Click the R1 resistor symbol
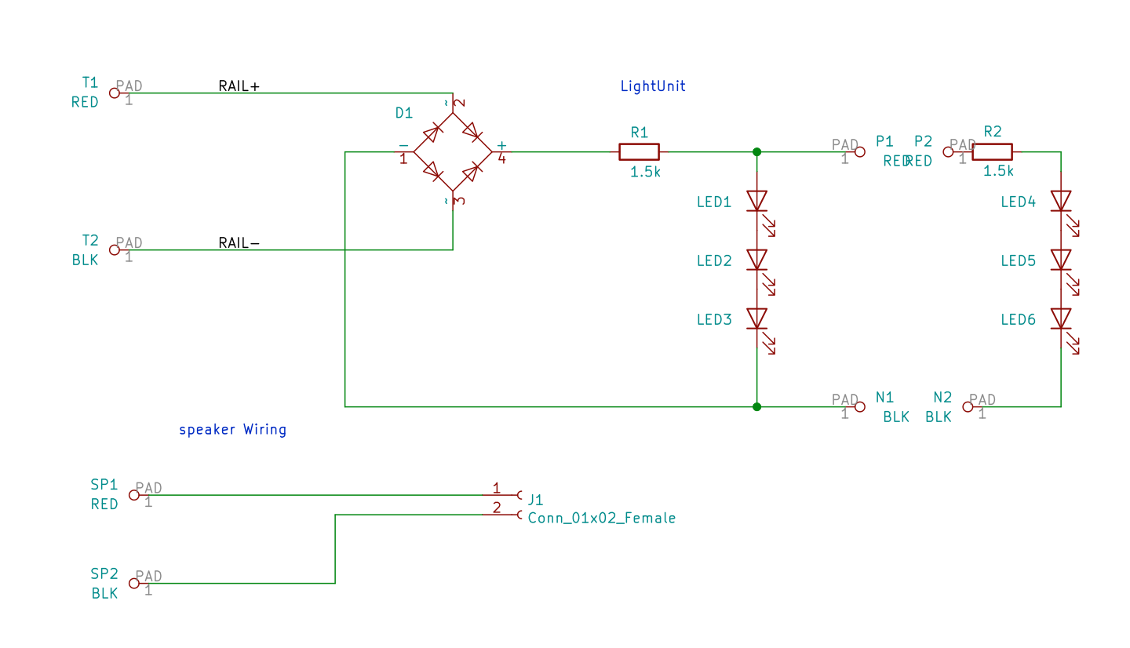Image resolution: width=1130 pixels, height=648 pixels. click(x=639, y=151)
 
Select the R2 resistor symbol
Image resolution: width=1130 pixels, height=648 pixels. click(x=992, y=151)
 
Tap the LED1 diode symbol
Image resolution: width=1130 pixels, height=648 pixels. click(x=756, y=201)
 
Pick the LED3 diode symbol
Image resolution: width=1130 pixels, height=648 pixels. click(x=756, y=319)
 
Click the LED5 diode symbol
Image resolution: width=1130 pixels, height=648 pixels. click(x=1061, y=260)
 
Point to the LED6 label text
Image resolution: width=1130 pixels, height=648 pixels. click(x=1018, y=319)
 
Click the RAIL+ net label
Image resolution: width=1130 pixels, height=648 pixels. click(x=239, y=86)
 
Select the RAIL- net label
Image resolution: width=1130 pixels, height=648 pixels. click(x=239, y=243)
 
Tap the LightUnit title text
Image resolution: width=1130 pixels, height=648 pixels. click(x=653, y=86)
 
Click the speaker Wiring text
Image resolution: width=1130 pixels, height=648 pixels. click(x=232, y=430)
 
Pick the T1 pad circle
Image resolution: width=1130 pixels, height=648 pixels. click(x=115, y=93)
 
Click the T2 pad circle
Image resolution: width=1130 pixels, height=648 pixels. click(x=115, y=250)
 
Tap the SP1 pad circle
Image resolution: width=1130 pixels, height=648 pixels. click(x=134, y=495)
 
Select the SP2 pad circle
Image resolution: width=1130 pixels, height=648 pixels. click(x=134, y=584)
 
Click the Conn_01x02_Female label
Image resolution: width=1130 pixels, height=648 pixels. click(x=601, y=518)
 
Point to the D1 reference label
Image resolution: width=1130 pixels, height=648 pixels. click(x=403, y=113)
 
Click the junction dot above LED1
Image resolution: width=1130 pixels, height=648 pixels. click(x=756, y=151)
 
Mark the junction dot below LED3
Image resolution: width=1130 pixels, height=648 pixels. click(x=756, y=406)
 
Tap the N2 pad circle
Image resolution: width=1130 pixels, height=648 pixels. click(x=968, y=406)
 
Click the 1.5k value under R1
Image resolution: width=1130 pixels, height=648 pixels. click(x=645, y=172)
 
